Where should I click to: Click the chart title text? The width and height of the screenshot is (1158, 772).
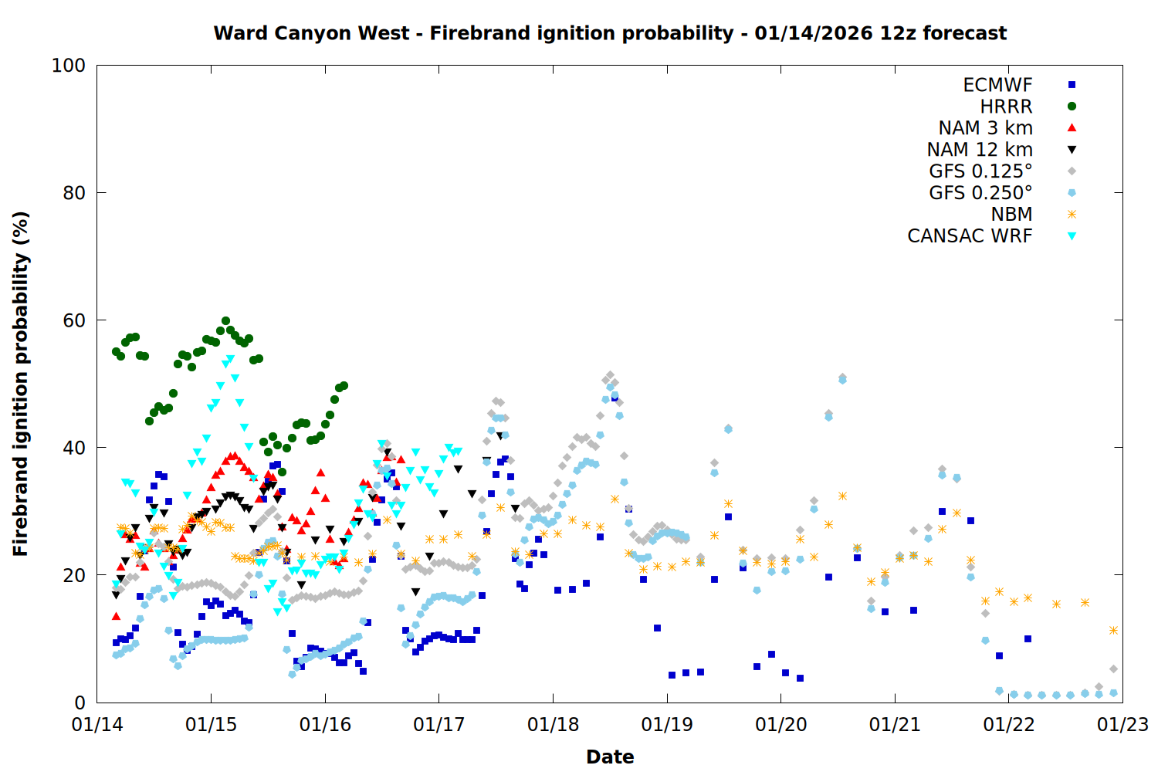(610, 33)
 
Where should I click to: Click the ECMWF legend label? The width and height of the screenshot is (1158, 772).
(997, 85)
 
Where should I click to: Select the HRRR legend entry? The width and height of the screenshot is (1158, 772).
(1006, 107)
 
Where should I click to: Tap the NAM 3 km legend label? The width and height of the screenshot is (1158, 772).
(985, 128)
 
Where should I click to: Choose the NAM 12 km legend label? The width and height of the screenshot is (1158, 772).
(980, 150)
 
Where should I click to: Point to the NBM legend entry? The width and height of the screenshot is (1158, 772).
(1011, 215)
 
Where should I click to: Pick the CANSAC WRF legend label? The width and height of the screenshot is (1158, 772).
(970, 236)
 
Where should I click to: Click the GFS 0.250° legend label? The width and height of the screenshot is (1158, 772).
(980, 193)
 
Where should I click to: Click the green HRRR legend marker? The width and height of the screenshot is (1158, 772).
(1072, 107)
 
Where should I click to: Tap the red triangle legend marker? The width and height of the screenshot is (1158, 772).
(1072, 127)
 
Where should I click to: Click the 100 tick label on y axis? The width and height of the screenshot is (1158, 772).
(69, 66)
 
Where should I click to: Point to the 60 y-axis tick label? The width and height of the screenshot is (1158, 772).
(74, 320)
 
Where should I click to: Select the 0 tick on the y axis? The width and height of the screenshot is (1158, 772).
(80, 703)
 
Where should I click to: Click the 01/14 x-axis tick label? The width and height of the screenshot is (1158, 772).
(97, 725)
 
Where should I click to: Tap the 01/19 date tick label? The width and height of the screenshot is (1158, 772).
(667, 725)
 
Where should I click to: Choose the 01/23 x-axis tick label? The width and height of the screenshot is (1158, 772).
(1122, 725)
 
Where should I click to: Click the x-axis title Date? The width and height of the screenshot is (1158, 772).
(610, 757)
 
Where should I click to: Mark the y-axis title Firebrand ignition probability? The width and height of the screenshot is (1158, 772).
(20, 384)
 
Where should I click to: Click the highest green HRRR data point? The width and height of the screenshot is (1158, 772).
(225, 320)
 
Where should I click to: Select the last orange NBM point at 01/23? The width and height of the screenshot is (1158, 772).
(1113, 631)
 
